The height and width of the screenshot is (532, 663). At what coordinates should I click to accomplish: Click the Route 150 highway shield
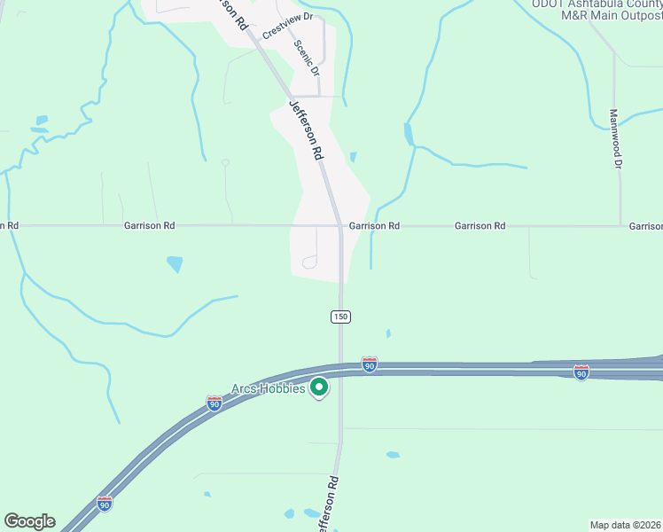340,317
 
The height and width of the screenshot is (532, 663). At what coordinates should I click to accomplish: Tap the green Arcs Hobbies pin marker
319,388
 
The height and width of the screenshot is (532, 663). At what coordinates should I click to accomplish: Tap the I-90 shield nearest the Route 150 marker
370,364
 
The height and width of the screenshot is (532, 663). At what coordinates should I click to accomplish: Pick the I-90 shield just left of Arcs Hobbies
214,403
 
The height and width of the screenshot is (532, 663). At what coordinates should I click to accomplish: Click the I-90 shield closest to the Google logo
105,504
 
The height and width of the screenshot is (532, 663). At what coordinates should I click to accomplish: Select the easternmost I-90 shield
581,372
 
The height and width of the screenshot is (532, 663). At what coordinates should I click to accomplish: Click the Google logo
29,521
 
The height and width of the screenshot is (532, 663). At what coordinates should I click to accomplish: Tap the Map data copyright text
626,524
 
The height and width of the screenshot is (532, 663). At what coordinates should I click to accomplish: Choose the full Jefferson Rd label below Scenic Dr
306,129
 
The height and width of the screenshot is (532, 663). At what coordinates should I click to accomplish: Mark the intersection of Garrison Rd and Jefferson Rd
340,226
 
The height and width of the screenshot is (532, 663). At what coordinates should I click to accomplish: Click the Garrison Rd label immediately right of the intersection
374,226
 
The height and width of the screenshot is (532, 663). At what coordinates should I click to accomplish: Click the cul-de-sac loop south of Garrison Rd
308,261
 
